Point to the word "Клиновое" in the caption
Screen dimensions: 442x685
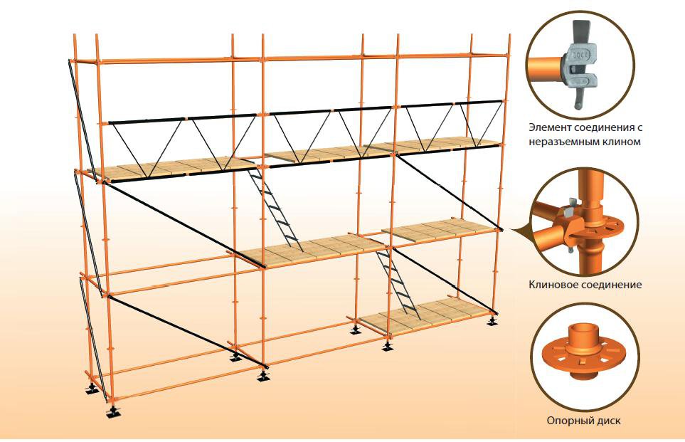click(x=552, y=285)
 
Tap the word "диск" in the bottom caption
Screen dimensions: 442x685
click(x=608, y=420)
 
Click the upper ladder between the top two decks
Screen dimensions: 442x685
click(x=274, y=206)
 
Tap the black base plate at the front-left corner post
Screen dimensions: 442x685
click(x=112, y=412)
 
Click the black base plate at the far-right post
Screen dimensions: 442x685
click(x=492, y=322)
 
